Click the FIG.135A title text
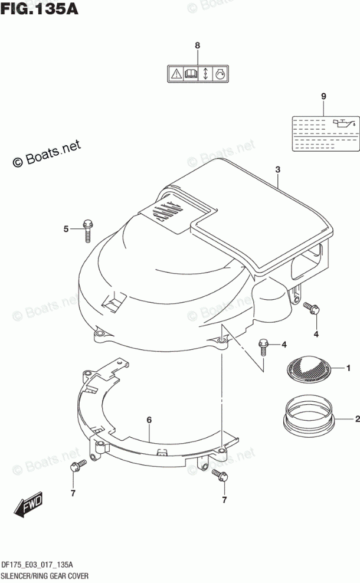40,9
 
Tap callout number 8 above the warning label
198,45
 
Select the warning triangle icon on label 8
176,74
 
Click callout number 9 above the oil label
323,96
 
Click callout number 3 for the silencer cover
277,169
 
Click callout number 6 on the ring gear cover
149,420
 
